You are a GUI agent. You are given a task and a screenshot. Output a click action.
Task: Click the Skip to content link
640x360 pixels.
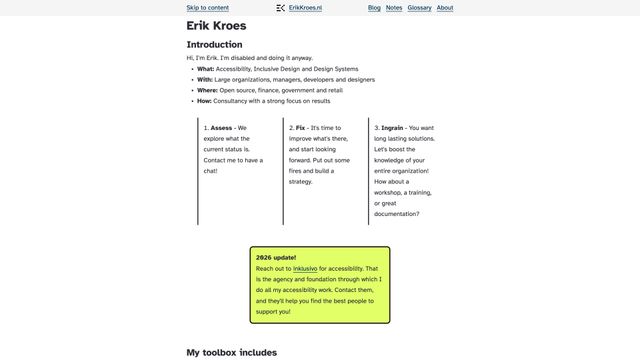(x=207, y=7)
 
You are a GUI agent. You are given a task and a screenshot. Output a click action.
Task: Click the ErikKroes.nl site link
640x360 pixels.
(x=305, y=7)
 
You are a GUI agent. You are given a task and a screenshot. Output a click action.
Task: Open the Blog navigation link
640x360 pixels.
(x=374, y=7)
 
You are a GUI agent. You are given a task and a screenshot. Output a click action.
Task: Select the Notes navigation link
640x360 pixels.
(x=394, y=7)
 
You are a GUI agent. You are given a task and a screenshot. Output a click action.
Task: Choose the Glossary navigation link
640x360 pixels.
(x=419, y=7)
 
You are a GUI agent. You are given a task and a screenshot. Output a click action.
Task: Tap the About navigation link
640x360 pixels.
(x=445, y=7)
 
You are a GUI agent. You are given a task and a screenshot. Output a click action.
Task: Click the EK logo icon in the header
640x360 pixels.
(x=281, y=7)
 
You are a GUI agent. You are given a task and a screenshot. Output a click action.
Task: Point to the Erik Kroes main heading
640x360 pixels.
(x=216, y=26)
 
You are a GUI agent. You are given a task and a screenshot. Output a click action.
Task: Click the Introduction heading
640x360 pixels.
(x=214, y=45)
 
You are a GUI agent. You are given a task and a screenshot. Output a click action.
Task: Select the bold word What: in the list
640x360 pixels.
(x=205, y=69)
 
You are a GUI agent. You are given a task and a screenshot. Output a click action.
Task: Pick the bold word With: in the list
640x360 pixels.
(x=205, y=79)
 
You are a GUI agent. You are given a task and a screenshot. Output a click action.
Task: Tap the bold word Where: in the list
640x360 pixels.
(x=207, y=90)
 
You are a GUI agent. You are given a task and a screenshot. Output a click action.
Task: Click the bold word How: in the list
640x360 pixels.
(x=205, y=101)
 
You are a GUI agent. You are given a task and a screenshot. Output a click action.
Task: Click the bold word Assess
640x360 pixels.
(x=221, y=128)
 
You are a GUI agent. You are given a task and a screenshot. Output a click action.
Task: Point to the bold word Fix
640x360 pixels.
(x=300, y=128)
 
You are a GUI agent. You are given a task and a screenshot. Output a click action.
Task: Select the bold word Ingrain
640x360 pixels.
(x=392, y=128)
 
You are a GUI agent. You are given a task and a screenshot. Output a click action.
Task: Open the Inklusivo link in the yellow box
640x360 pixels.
(x=305, y=269)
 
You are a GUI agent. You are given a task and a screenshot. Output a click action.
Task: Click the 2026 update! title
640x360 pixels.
(x=276, y=257)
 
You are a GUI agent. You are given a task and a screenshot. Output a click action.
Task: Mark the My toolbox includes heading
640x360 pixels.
(x=231, y=352)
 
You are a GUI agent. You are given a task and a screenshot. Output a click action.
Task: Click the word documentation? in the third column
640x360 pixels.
(x=397, y=213)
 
